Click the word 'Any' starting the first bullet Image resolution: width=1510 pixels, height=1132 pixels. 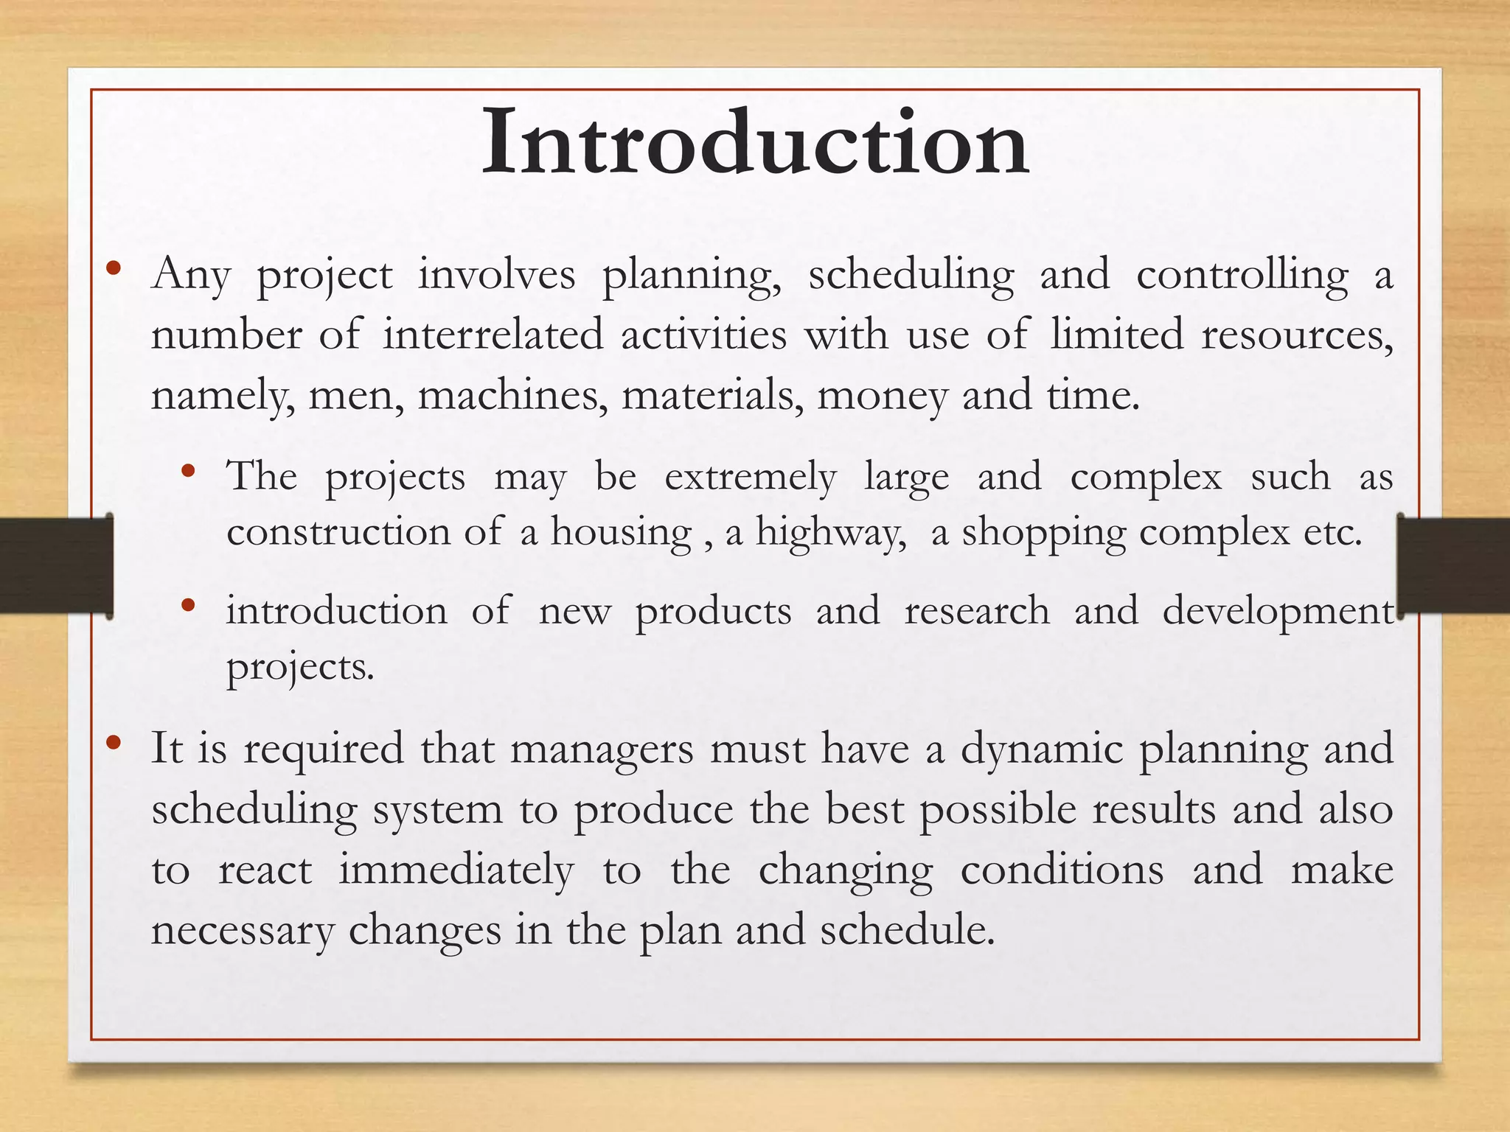coord(192,276)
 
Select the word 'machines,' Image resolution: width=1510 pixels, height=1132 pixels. coord(512,396)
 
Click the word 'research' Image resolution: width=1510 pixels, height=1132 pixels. coord(977,612)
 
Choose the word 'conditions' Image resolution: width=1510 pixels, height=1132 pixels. coord(1062,870)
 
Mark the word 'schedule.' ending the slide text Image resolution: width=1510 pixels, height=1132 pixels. coord(908,930)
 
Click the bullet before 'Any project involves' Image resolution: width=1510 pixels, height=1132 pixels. coord(113,268)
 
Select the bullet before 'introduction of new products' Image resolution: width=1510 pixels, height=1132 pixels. coord(188,605)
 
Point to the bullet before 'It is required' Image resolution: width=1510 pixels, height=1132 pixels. coord(113,742)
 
